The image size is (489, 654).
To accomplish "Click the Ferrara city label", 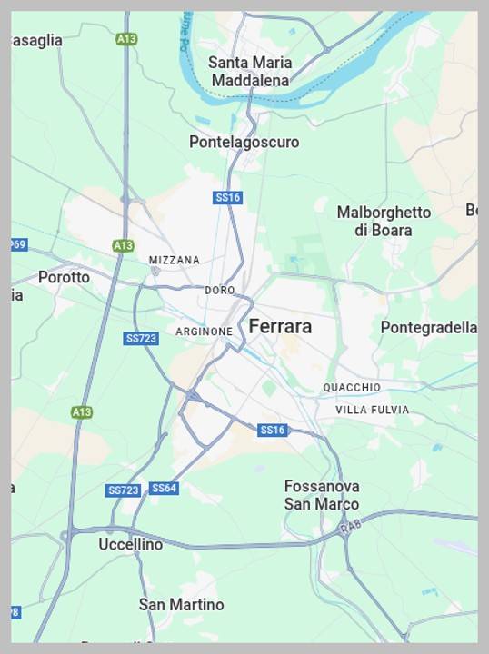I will click(280, 326).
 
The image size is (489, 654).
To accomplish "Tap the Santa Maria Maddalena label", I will click(250, 72).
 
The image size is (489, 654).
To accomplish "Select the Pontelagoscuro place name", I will click(244, 142).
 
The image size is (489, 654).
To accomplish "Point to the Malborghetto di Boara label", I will click(384, 221).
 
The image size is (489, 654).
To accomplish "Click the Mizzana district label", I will click(174, 260).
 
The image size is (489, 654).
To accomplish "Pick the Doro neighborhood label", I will click(220, 290).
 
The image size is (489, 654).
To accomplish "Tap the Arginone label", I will click(204, 332).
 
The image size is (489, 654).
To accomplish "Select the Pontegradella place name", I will click(428, 327).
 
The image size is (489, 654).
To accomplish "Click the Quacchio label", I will click(352, 388).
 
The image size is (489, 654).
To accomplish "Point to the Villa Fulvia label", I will click(372, 410).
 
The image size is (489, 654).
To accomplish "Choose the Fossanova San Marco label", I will click(322, 495).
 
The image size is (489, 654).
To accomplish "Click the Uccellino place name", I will click(131, 544).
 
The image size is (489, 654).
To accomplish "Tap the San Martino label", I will click(182, 604).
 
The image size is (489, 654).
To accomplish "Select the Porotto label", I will click(64, 277).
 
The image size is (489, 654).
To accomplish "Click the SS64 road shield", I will click(164, 489).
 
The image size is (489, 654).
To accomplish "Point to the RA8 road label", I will click(351, 526).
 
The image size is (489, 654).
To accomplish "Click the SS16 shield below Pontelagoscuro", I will click(227, 197).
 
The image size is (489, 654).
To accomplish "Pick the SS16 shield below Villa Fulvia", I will click(272, 430).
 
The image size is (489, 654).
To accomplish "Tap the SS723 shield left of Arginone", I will click(141, 338).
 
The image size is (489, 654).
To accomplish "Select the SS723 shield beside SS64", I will click(123, 490).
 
